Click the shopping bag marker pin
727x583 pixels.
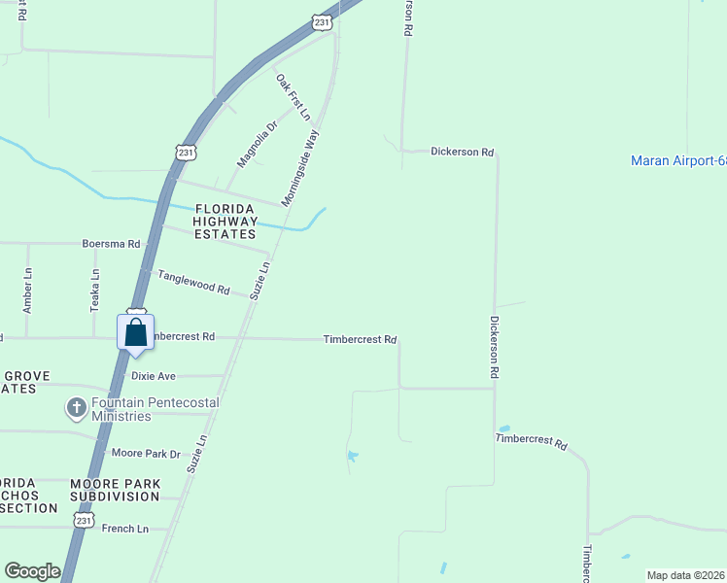point(136,332)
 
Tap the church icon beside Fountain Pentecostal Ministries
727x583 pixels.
point(77,408)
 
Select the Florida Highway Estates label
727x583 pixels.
point(225,222)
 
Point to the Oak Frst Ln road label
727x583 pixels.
point(293,97)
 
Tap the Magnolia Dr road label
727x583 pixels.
point(258,143)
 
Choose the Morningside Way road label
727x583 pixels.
point(300,168)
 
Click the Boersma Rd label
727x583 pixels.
point(111,244)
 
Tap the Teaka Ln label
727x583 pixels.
point(95,289)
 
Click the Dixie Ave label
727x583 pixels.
point(153,376)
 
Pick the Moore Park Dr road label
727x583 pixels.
point(146,454)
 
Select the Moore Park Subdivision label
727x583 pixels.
point(115,490)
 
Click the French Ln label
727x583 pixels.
point(125,529)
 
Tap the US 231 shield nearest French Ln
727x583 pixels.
point(84,521)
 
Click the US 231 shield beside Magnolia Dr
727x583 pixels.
point(187,152)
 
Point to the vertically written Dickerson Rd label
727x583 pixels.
point(494,347)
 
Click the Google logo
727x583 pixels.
point(32,571)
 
